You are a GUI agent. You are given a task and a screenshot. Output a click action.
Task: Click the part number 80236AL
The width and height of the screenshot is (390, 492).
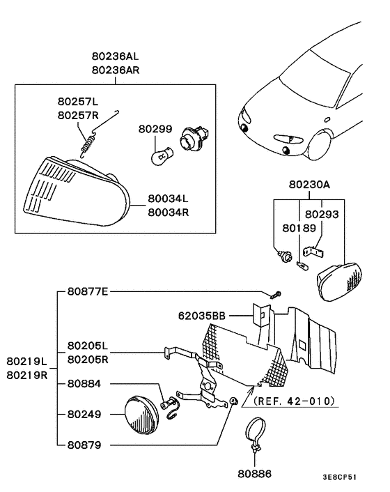115,56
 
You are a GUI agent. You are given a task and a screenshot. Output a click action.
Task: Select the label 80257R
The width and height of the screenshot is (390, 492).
78,116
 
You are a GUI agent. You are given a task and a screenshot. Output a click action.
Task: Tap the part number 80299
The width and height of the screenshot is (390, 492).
154,129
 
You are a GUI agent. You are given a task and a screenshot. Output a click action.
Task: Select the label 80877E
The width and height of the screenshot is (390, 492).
88,291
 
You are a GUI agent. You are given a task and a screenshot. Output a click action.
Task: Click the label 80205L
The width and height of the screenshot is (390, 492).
88,346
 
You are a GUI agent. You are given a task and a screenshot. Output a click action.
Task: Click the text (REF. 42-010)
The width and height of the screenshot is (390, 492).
294,401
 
